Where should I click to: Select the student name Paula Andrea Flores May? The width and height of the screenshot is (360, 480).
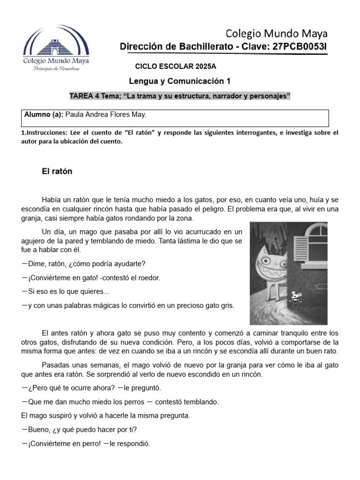pyautogui.click(x=106, y=114)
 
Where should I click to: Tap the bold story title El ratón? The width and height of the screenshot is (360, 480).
pyautogui.click(x=57, y=172)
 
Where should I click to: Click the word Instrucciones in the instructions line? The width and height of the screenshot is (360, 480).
pyautogui.click(x=43, y=133)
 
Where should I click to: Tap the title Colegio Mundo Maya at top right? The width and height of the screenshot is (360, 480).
pyautogui.click(x=277, y=33)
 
